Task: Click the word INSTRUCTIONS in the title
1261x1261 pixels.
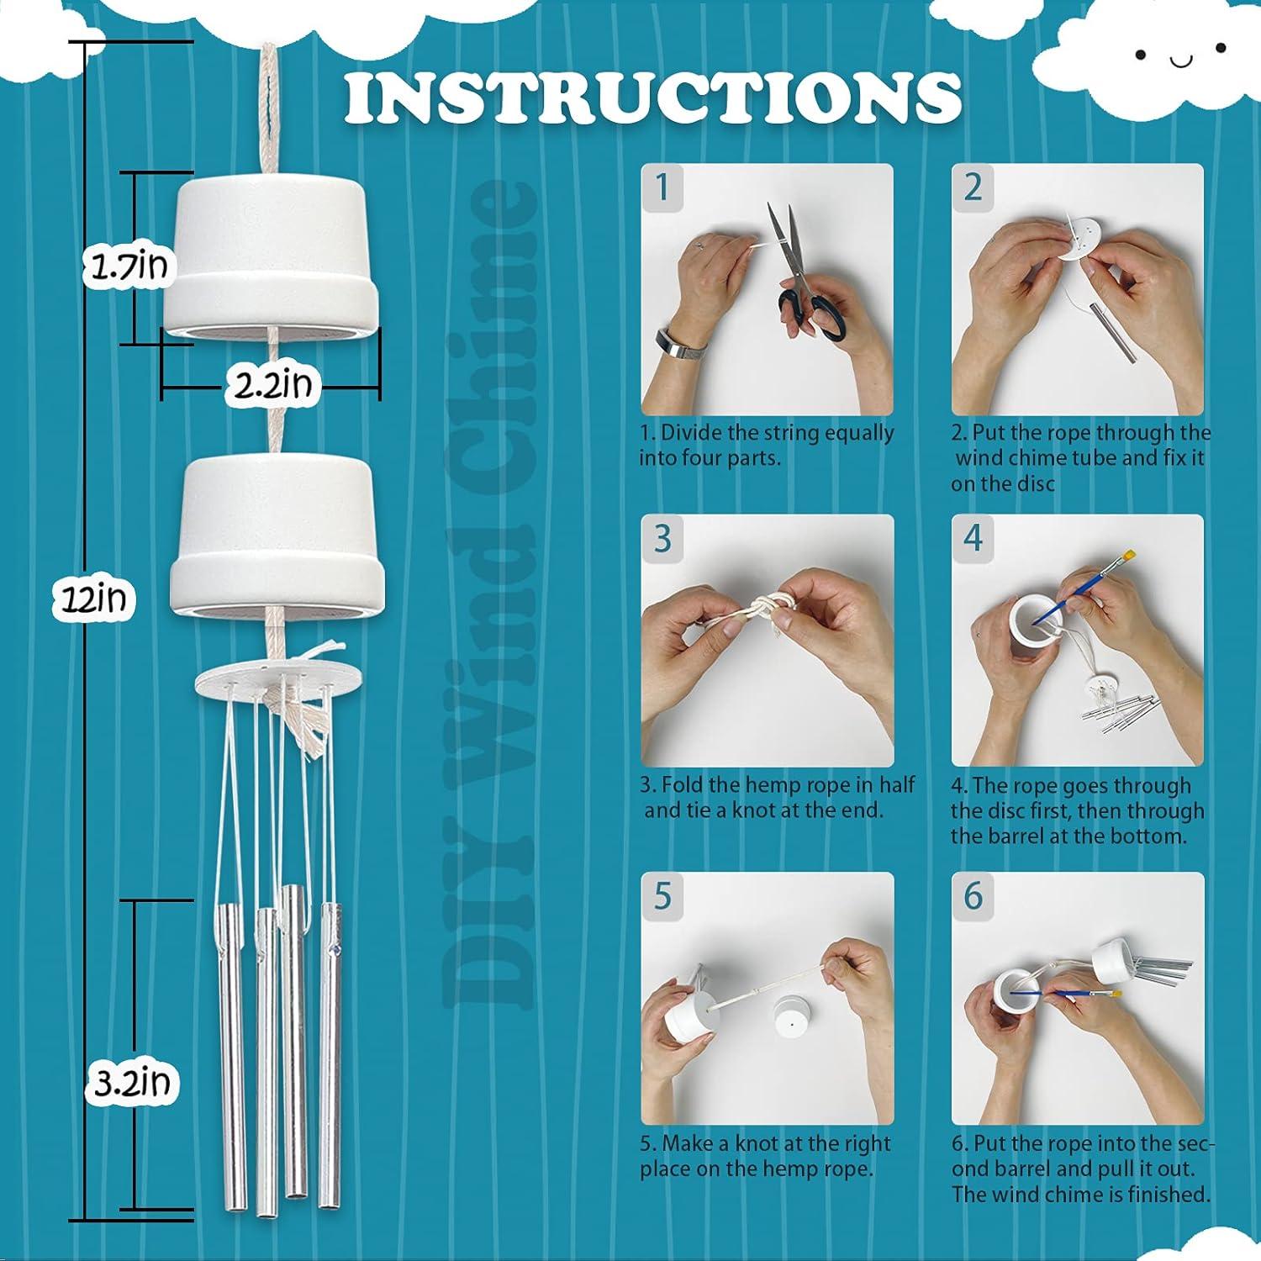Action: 652,98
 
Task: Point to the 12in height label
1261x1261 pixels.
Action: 93,599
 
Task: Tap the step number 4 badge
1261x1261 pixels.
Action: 973,536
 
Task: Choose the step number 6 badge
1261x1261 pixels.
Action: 973,895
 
